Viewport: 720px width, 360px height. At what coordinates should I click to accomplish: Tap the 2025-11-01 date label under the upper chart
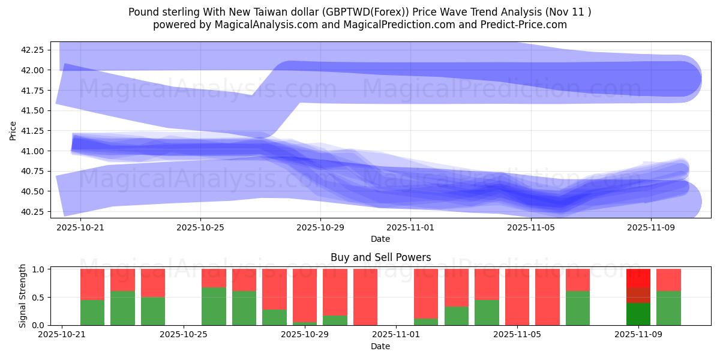pyautogui.click(x=410, y=228)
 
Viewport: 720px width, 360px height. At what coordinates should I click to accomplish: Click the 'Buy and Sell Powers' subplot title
pyautogui.click(x=380, y=257)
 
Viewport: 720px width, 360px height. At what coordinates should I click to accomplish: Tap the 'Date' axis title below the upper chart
pyautogui.click(x=380, y=239)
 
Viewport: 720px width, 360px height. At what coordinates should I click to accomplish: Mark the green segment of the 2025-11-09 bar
pyautogui.click(x=638, y=314)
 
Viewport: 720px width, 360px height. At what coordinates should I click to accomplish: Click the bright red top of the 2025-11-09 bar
pyautogui.click(x=638, y=278)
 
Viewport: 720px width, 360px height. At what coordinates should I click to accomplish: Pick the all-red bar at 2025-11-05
pyautogui.click(x=517, y=297)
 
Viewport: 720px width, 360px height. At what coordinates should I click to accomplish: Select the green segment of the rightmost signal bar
pyautogui.click(x=668, y=308)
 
